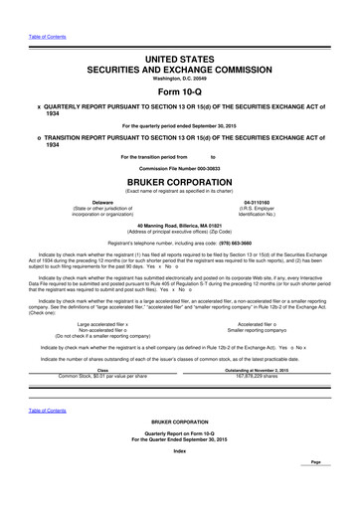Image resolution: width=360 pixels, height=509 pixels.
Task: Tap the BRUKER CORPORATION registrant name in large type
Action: [x=180, y=185]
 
